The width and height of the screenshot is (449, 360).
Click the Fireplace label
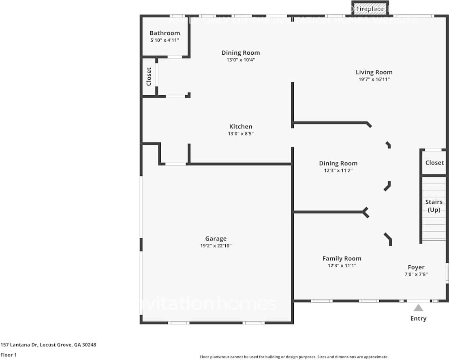coord(370,9)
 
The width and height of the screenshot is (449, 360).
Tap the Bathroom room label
coord(165,33)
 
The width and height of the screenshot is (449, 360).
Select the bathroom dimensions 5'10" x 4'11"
coord(165,40)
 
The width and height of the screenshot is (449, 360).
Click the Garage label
coord(216,239)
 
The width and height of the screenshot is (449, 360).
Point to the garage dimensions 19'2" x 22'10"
coord(216,246)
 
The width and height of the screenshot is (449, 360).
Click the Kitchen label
coord(241,127)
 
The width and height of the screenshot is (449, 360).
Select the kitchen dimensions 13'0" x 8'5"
coord(241,134)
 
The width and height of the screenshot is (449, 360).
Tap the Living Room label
coord(374,72)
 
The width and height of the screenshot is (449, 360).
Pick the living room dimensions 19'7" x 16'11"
coord(374,79)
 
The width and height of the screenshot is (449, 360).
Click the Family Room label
coord(342,259)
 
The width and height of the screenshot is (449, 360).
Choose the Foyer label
coord(416,267)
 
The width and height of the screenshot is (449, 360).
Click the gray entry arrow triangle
coord(418,308)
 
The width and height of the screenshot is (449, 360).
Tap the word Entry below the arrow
coord(418,319)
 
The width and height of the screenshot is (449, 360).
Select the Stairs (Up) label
coord(433,206)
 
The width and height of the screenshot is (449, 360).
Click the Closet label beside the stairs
coord(434,163)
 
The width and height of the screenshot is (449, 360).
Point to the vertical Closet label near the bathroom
coord(149,77)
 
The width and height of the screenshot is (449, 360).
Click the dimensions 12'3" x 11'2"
coord(338,170)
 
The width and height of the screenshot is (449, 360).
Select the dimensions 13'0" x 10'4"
coord(241,60)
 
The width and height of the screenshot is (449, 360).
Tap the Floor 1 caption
coord(9,355)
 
